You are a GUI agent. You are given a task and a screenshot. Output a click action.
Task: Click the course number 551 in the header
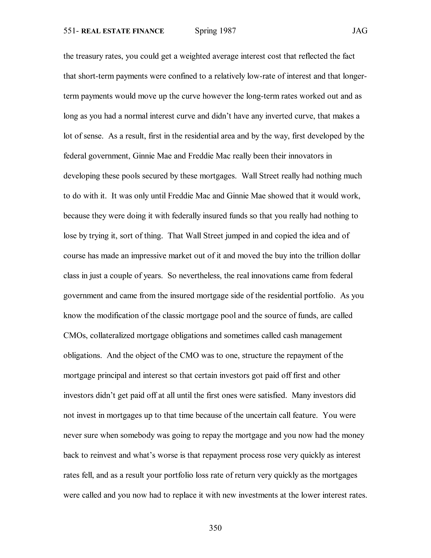(x=69, y=31)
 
